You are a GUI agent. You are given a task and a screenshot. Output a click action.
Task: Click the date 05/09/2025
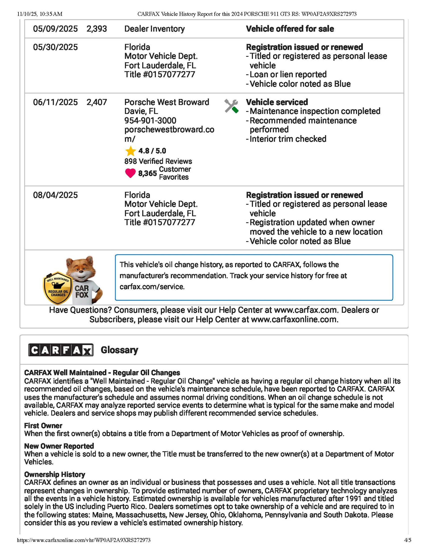(x=55, y=29)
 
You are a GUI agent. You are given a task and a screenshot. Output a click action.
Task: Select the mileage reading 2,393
(x=97, y=29)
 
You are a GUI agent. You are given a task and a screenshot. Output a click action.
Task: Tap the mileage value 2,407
(x=97, y=102)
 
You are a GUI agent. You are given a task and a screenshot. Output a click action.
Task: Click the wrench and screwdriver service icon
(x=231, y=106)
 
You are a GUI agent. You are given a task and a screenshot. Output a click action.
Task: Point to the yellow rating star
(x=130, y=151)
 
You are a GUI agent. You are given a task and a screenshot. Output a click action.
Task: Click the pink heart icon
(x=130, y=173)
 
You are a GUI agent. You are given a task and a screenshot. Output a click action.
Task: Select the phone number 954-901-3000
(x=150, y=120)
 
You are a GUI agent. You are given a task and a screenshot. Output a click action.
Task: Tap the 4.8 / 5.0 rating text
(x=152, y=151)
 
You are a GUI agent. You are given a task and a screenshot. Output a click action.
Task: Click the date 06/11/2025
(x=55, y=102)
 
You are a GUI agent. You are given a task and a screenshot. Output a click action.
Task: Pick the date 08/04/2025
(x=55, y=195)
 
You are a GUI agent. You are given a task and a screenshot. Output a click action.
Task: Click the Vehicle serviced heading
(x=277, y=102)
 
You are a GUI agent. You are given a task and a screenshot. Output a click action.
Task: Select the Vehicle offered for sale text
(x=290, y=29)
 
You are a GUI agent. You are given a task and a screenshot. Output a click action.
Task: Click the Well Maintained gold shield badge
(x=58, y=288)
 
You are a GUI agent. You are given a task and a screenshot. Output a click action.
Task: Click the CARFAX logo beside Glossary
(x=61, y=350)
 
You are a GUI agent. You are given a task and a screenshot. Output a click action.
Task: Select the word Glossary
(x=119, y=350)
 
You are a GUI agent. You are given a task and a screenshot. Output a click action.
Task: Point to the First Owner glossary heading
(x=43, y=426)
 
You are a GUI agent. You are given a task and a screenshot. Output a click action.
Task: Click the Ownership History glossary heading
(x=55, y=474)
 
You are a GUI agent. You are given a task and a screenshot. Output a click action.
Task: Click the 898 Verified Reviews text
(x=158, y=161)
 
